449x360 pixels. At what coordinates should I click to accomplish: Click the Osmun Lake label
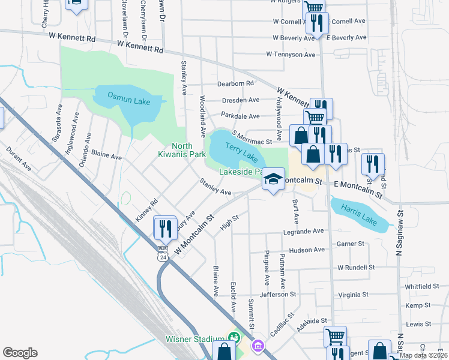coord(128,99)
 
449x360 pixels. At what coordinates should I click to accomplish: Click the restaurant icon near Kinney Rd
coord(163,227)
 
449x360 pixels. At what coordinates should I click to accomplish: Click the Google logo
coord(20,352)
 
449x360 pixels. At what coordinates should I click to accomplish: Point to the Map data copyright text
coord(423,355)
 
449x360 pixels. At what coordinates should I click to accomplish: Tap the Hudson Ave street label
coord(306,250)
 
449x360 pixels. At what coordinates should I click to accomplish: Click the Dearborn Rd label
coord(236,83)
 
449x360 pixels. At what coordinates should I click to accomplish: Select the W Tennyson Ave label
coord(291,55)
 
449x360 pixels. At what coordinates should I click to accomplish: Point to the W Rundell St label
coord(356,267)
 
